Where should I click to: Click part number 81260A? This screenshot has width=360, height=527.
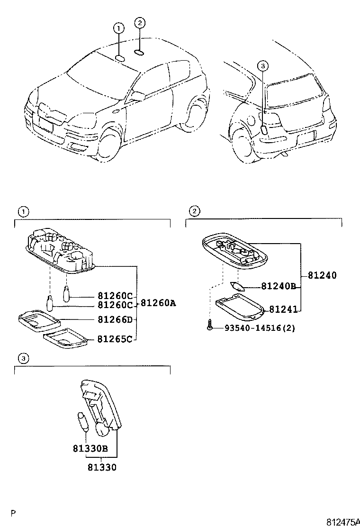point(158,303)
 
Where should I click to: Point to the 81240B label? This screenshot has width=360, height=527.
point(279,286)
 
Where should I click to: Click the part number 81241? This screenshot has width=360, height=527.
point(283,309)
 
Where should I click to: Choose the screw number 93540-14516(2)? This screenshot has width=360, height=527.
point(256,327)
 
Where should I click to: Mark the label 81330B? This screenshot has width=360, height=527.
point(90,448)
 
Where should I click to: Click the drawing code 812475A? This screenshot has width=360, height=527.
point(343,522)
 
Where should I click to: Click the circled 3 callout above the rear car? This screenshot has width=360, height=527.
point(263,66)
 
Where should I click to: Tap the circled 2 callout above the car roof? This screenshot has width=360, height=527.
point(139,22)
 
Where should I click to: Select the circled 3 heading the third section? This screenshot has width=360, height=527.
point(22,357)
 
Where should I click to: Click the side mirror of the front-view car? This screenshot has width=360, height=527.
point(138,96)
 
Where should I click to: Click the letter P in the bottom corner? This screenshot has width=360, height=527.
point(14,513)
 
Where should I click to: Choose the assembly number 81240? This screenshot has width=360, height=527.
point(322,275)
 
